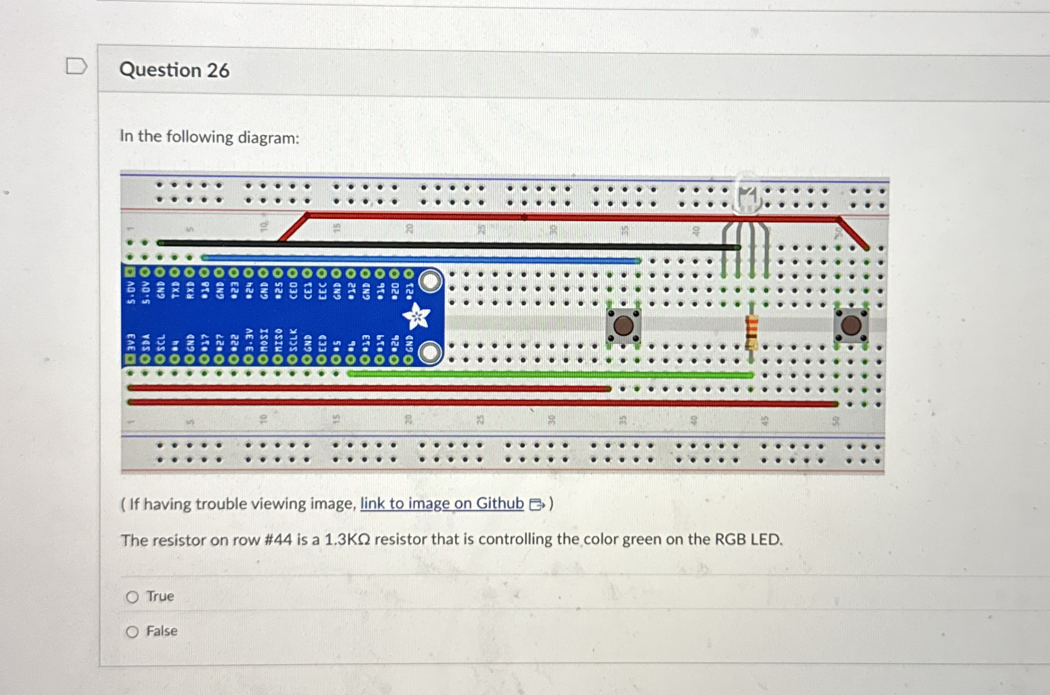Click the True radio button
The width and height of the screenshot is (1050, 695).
coord(132,597)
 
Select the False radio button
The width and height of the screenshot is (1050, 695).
coord(132,632)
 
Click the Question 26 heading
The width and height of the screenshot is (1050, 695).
coord(174,70)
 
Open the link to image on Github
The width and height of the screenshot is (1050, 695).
coord(442,503)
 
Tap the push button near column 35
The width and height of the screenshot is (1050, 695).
coord(623,326)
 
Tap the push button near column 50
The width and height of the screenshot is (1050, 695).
coord(851,326)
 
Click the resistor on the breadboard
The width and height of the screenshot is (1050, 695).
coord(751,332)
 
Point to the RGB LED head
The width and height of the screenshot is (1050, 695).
coord(748,195)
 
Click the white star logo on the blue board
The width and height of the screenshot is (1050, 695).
coord(416,316)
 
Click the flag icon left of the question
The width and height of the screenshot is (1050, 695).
coord(76,66)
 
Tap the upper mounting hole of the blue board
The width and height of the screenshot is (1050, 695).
coord(430,281)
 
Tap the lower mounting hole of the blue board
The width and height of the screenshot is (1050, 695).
coord(430,353)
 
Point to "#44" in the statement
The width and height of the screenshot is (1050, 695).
coord(278,540)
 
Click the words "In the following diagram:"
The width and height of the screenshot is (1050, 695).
coord(210,137)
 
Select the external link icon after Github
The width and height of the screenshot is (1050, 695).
coord(537,504)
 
